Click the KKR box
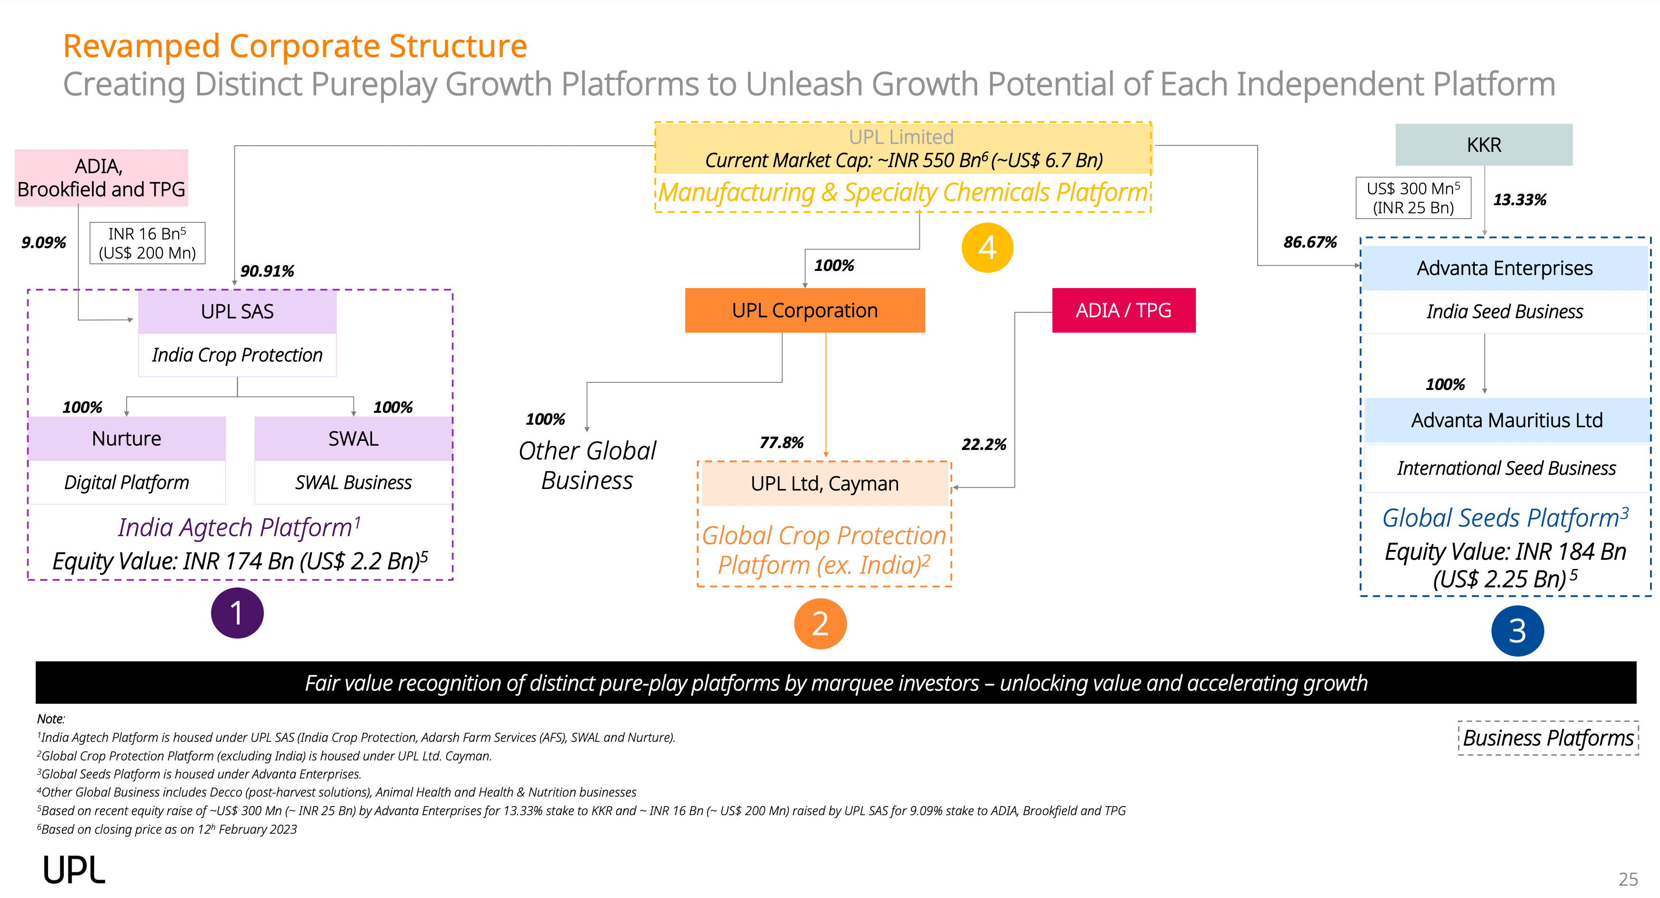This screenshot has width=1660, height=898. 1483,145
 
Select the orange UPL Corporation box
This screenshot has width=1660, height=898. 804,310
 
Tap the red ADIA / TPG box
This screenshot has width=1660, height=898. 1123,310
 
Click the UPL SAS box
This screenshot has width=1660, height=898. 237,312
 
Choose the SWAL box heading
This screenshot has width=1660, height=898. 353,439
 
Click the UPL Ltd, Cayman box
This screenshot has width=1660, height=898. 824,484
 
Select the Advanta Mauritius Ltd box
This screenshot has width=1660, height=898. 1507,420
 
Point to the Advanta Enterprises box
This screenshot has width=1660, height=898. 1504,269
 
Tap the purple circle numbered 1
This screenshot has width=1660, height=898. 237,613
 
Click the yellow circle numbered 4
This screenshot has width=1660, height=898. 987,248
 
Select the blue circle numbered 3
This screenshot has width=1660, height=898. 1517,631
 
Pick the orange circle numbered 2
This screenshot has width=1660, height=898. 820,624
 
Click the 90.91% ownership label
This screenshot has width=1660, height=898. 267,271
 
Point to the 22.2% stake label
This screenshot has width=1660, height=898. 983,445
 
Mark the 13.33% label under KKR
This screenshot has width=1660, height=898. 1520,200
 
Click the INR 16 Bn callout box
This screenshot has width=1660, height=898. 147,243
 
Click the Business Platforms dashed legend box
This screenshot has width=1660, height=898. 1548,738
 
